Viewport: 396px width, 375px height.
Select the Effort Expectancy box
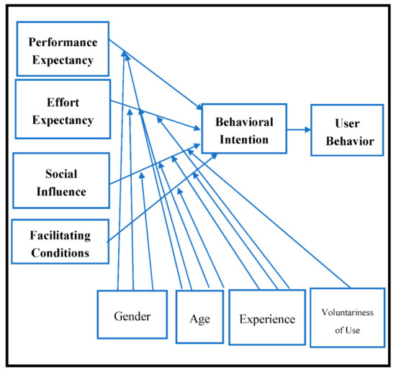click(x=61, y=110)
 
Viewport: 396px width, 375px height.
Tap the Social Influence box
click(x=60, y=182)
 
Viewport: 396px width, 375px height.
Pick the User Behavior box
click(x=347, y=131)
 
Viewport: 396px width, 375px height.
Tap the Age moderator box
click(x=199, y=317)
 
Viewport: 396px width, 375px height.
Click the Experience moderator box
click(x=266, y=318)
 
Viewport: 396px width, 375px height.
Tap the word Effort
click(x=60, y=102)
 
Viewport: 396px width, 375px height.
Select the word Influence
click(x=60, y=192)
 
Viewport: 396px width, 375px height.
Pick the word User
click(x=347, y=123)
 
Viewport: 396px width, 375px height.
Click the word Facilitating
click(x=60, y=234)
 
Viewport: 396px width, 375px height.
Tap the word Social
click(x=60, y=175)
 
